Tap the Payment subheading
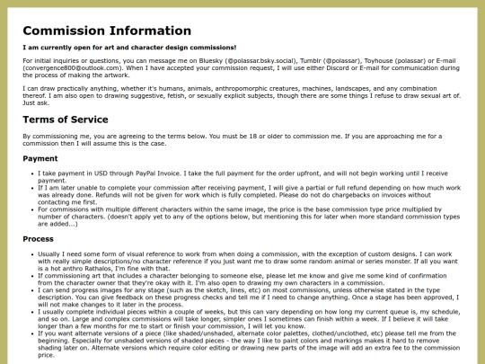[x=40, y=158]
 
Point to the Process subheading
[x=40, y=239]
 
